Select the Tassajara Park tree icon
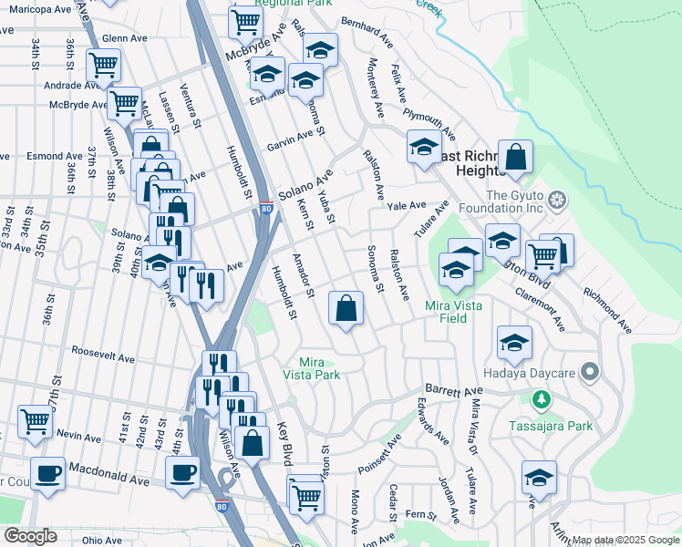(542, 399)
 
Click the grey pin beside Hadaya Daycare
(589, 372)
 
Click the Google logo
(29, 536)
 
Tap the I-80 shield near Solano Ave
(265, 208)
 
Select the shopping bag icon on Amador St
(346, 308)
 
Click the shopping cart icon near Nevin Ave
(35, 420)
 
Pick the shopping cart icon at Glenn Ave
(104, 65)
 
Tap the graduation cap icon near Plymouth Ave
(424, 148)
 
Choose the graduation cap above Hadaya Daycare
(515, 342)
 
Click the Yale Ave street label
(407, 206)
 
